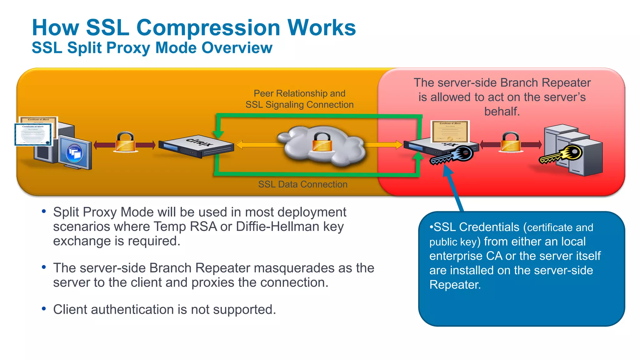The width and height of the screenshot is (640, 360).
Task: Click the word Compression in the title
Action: pos(208,27)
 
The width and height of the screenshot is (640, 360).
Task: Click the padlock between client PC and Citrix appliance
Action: pos(125,142)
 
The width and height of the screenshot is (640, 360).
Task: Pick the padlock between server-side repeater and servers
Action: pos(511,142)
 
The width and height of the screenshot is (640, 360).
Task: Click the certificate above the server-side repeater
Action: pos(450,131)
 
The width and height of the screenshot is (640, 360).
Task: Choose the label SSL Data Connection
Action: pos(302,184)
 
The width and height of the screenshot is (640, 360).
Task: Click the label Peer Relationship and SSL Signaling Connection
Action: pos(299,99)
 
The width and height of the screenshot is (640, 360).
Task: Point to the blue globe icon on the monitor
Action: pos(74,153)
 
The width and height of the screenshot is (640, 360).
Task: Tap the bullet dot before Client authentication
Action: pos(44,309)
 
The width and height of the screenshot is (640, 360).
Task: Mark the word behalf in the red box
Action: pos(502,111)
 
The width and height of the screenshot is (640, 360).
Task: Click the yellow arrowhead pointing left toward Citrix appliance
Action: pos(239,145)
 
